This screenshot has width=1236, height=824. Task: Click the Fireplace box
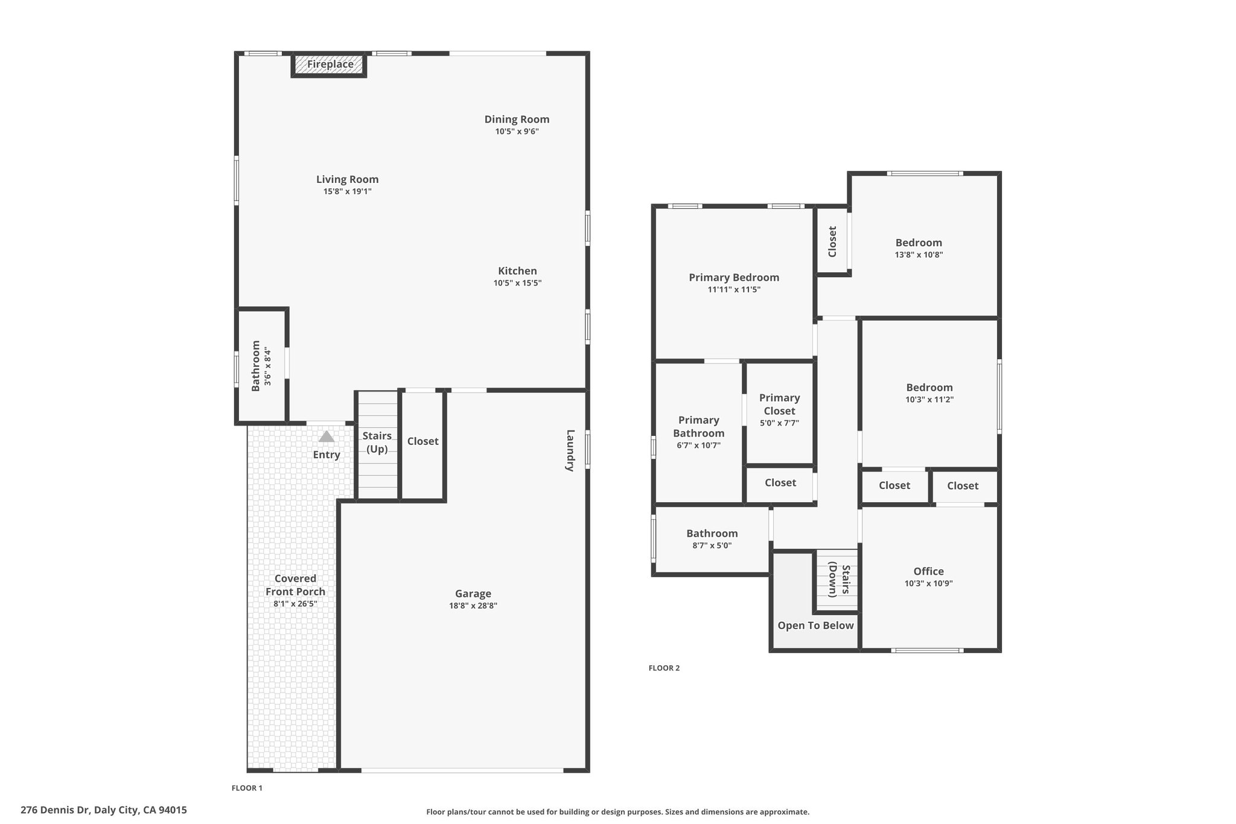[329, 65]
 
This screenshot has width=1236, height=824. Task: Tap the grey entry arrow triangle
[327, 436]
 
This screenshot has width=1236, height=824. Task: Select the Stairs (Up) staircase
[377, 446]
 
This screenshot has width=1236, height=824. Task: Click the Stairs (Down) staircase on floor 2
[836, 580]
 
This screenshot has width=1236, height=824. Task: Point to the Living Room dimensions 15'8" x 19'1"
[348, 191]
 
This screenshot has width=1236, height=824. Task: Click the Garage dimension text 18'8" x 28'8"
[473, 605]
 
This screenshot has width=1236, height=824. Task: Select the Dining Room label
[517, 120]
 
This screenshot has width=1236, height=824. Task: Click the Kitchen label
[518, 271]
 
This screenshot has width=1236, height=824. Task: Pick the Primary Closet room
[780, 414]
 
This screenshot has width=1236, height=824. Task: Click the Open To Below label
[816, 625]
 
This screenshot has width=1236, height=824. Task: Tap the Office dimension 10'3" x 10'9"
[929, 583]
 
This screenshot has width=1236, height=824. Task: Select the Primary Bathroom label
[699, 427]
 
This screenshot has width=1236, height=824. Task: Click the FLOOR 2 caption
[664, 668]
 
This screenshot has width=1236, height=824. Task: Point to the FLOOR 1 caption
[247, 788]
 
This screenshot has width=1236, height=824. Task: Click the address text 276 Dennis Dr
[55, 810]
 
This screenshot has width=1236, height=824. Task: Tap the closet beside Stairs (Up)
[422, 446]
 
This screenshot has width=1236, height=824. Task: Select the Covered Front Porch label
[296, 585]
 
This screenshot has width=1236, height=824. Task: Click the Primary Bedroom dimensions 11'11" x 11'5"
[734, 290]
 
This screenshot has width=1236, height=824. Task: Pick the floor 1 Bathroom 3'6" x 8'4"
[261, 366]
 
